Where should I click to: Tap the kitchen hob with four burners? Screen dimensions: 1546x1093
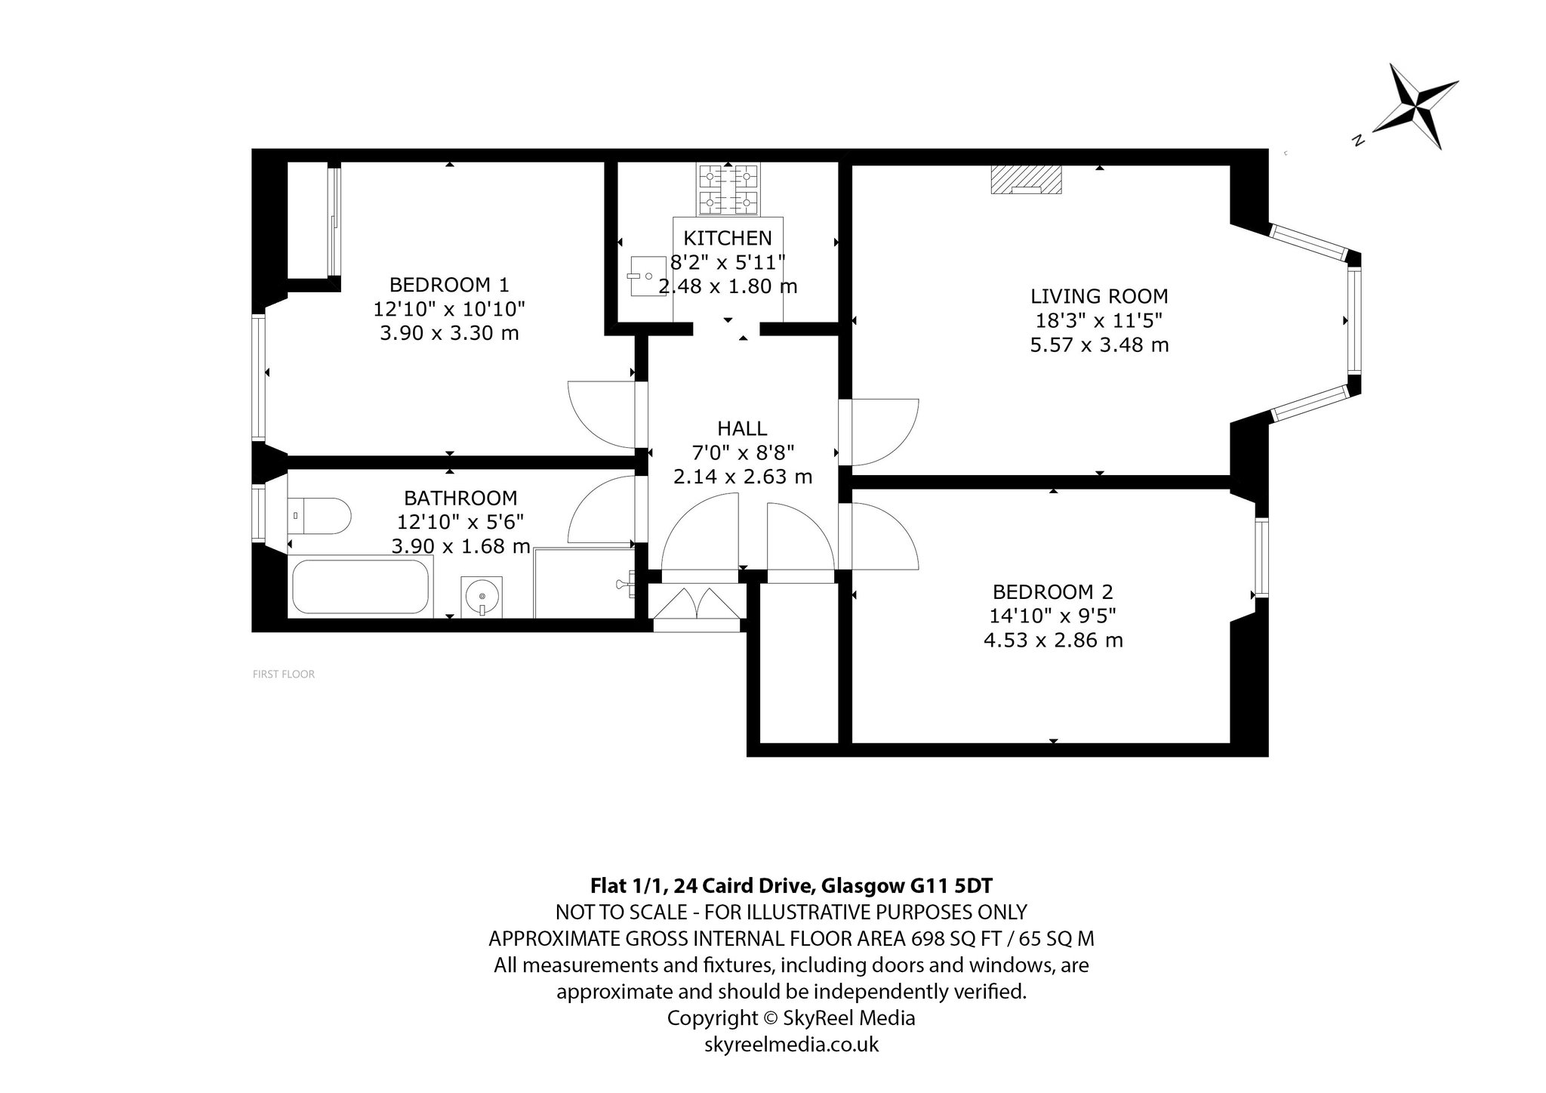[x=728, y=190]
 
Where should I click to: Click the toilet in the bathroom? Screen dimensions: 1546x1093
[x=319, y=517]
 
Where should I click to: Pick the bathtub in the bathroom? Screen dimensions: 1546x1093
[x=360, y=585]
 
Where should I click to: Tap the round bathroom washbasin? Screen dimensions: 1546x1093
[x=481, y=596]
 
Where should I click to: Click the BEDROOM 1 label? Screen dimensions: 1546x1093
[x=449, y=285]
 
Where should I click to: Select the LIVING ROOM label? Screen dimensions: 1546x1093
[x=1099, y=296]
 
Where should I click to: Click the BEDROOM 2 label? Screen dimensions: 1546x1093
[x=1053, y=591]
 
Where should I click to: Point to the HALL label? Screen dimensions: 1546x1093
[x=742, y=428]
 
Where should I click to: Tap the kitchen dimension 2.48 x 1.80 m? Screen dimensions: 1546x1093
[x=728, y=286]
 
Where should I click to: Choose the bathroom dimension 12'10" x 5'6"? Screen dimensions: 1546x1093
[x=460, y=522]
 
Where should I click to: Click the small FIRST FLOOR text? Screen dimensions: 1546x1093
[x=284, y=675]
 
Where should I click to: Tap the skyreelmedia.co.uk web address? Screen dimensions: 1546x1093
[x=791, y=1045]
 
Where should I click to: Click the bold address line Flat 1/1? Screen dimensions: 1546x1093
[x=791, y=885]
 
